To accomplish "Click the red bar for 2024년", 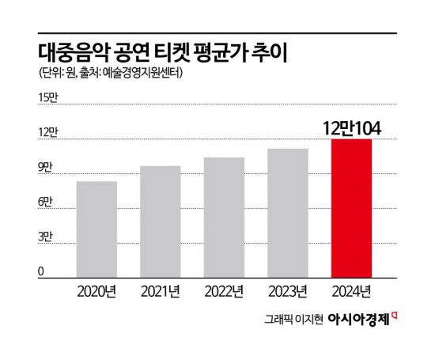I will [350, 208].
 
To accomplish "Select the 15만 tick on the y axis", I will [48, 97].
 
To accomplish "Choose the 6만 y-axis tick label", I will [45, 203].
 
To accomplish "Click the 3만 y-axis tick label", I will [45, 237].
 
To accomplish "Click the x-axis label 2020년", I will [96, 290].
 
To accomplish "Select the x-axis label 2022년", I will [224, 290].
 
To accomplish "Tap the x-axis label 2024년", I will [350, 290].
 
